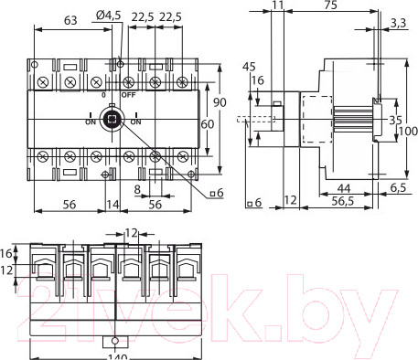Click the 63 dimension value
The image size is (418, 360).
[70, 20]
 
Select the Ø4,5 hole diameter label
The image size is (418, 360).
[108, 16]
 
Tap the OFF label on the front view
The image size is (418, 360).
[128, 95]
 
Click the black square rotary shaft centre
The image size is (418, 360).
[112, 119]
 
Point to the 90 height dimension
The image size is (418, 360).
[220, 102]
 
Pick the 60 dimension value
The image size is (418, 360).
[208, 124]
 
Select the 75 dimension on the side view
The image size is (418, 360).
[330, 5]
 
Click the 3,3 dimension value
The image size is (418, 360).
[398, 23]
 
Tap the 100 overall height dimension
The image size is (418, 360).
[408, 132]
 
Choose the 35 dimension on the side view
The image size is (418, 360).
[395, 120]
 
